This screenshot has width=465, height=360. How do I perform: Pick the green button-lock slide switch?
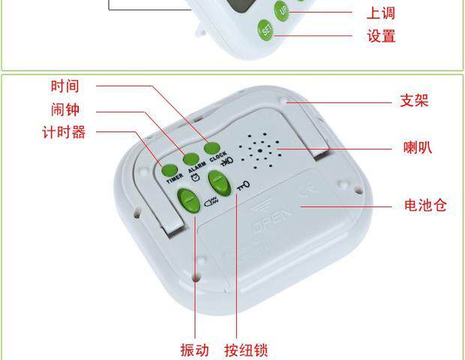point(217,182)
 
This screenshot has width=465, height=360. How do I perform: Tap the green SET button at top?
point(265,30)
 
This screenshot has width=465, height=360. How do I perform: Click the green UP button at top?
point(283,10)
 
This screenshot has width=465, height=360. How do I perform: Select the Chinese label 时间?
point(64,86)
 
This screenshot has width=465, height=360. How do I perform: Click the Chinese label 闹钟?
point(64,110)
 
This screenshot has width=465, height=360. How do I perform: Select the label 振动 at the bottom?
point(194,349)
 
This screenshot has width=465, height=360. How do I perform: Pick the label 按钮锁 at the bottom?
point(246,349)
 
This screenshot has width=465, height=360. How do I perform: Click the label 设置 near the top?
point(381,35)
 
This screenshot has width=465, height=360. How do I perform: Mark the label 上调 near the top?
point(381,13)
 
